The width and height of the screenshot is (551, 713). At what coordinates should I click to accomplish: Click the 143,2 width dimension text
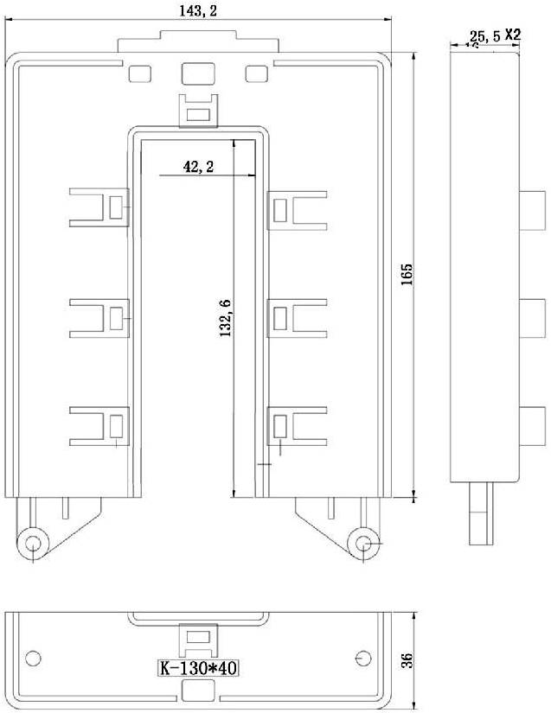point(198,10)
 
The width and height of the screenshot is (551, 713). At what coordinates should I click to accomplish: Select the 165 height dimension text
point(407,274)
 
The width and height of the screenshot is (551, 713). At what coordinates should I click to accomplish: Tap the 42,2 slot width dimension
point(198,167)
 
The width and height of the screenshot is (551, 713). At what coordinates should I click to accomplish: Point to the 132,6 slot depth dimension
point(225,318)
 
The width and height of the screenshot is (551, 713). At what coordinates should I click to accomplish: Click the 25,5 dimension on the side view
point(485,36)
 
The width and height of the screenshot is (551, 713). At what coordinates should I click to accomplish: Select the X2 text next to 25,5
point(513,35)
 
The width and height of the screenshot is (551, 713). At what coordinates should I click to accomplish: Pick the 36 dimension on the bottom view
point(407,660)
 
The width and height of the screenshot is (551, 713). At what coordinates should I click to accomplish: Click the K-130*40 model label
point(198,668)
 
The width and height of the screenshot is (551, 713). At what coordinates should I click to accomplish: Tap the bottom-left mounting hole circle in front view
point(33,544)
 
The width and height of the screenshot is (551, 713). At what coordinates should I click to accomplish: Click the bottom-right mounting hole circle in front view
point(363,544)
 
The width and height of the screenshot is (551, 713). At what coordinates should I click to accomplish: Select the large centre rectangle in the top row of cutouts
point(198,73)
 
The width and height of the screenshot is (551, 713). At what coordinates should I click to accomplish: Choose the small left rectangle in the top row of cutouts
point(139,74)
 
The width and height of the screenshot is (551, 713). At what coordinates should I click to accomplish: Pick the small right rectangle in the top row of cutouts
point(257,74)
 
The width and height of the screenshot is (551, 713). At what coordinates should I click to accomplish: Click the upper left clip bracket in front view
point(99,207)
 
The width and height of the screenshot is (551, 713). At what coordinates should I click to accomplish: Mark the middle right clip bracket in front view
point(297,318)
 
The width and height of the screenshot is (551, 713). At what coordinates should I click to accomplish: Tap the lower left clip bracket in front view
point(99,426)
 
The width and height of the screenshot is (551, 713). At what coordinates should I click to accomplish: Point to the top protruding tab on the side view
point(532,211)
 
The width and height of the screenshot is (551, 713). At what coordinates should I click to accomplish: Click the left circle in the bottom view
point(33,658)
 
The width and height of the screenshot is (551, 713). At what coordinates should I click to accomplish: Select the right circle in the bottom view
point(362,658)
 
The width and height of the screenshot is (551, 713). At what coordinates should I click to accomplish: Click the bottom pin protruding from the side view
point(481,513)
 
